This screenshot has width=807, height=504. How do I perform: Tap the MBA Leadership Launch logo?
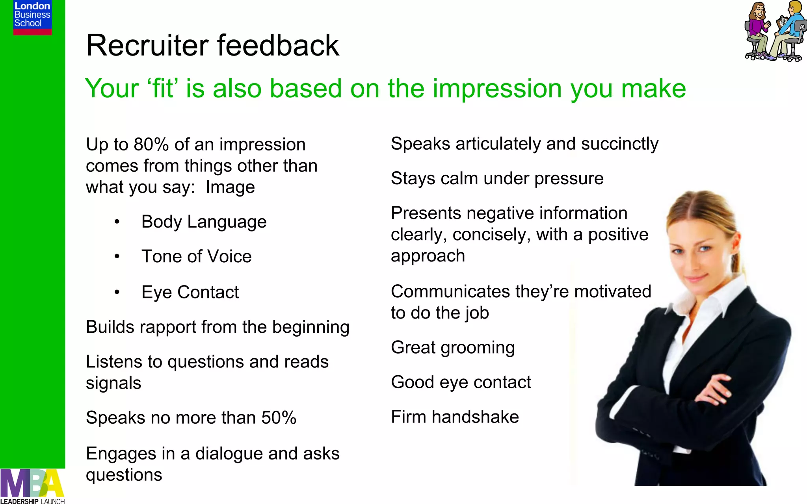[x=32, y=486]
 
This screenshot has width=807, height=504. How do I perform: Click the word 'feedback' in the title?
[x=278, y=45]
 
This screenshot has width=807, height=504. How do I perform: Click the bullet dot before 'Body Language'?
[x=117, y=222]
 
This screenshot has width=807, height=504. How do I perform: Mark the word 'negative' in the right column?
[x=500, y=213]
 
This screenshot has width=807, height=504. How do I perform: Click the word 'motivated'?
[x=612, y=292]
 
